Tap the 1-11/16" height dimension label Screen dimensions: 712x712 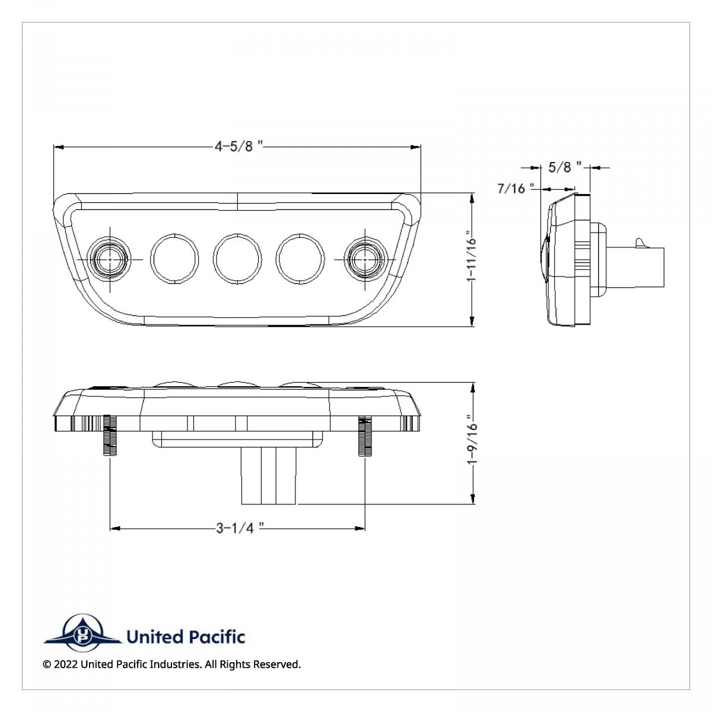click(x=471, y=259)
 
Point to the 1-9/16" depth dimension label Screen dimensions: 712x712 click(x=471, y=443)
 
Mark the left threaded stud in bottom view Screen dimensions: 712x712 click(x=110, y=435)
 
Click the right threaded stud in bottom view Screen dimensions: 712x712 click(x=364, y=435)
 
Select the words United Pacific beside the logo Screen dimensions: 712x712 click(x=186, y=637)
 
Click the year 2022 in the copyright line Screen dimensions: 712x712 click(x=65, y=665)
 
